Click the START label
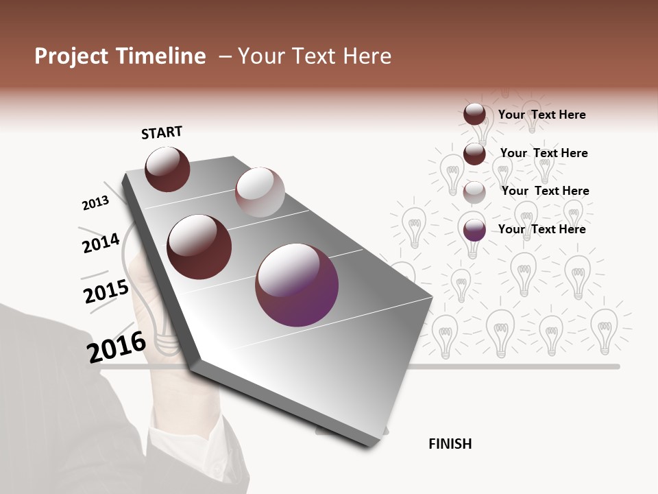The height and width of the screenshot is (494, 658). [x=162, y=132]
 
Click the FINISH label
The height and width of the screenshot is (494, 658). [x=450, y=444]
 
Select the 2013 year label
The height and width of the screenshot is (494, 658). [x=95, y=203]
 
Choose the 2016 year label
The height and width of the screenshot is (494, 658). [x=117, y=346]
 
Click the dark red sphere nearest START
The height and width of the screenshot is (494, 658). [x=167, y=169]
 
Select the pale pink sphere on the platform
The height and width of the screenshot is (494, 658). [x=260, y=192]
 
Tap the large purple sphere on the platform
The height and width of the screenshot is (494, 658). [x=297, y=285]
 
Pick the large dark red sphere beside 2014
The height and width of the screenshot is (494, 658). [x=199, y=247]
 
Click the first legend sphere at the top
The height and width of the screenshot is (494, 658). [x=474, y=115]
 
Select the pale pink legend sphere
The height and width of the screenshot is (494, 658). [x=474, y=192]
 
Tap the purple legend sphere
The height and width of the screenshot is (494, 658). [x=474, y=231]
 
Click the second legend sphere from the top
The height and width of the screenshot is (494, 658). [x=474, y=154]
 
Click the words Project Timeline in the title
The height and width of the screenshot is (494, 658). [x=120, y=56]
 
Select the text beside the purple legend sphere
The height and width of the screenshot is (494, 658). [x=541, y=229]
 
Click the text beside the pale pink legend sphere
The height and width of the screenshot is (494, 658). [x=545, y=191]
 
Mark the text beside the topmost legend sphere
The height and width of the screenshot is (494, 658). [x=541, y=115]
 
